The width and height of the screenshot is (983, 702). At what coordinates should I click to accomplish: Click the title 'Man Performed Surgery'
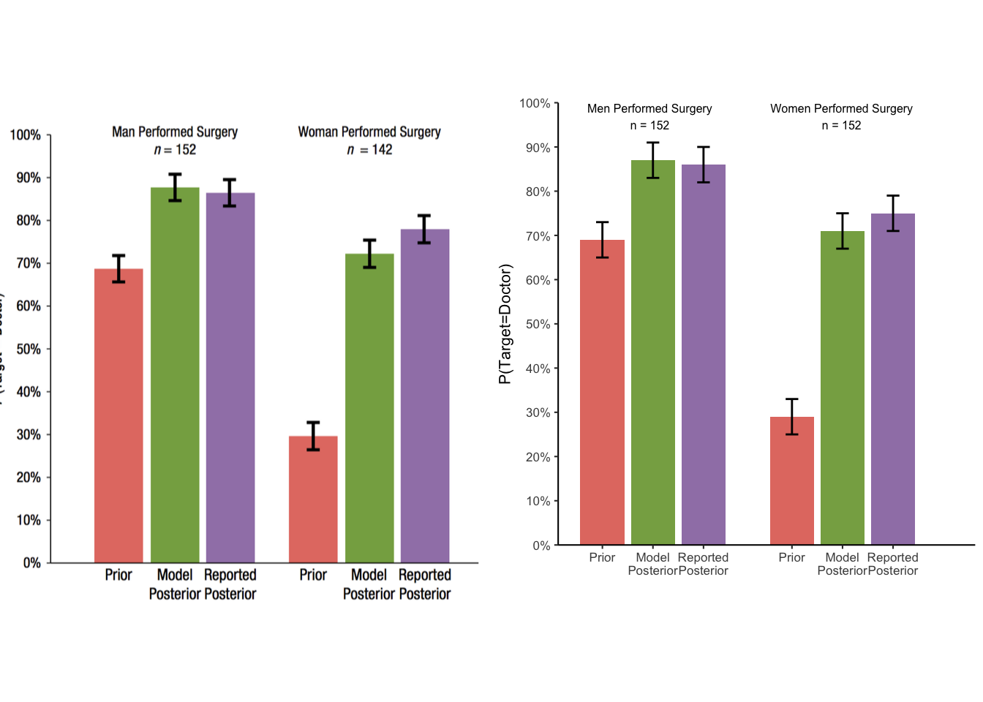tap(175, 132)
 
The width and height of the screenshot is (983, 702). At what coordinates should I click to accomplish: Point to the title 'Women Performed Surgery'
tap(841, 108)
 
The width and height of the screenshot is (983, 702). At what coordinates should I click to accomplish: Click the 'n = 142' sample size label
tap(369, 150)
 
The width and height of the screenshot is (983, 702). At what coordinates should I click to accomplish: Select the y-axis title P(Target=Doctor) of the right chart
tap(505, 324)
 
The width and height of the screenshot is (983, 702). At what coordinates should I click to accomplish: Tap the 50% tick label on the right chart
tap(538, 324)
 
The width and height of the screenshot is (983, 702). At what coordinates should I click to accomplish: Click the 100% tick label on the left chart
tap(26, 135)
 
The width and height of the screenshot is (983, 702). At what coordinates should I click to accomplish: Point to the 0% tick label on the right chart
tap(541, 546)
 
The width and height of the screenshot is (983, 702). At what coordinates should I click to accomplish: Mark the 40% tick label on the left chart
tap(29, 392)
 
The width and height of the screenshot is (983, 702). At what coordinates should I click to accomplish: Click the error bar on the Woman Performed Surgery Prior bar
tap(313, 436)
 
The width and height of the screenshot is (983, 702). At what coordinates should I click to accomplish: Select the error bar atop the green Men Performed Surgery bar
tap(652, 160)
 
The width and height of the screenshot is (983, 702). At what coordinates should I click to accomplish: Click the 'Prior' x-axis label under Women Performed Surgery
tap(791, 557)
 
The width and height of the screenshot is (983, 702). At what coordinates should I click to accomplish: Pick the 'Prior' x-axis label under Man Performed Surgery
tap(118, 575)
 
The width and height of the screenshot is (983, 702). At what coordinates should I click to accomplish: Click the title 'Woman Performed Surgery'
tap(369, 132)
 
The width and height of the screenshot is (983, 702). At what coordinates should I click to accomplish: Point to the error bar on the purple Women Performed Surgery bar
tap(893, 214)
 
